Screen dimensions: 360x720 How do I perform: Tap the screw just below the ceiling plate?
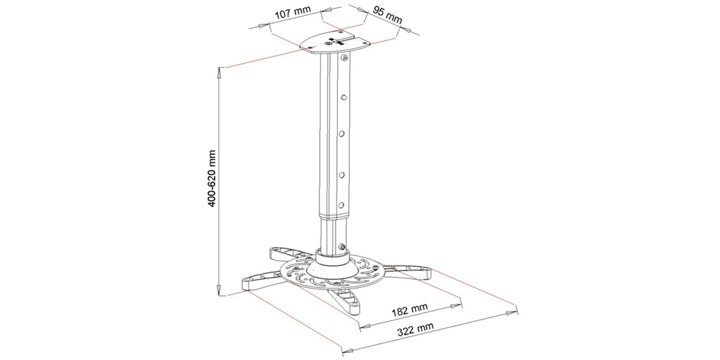345,58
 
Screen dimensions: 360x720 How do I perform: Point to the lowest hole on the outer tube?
342,203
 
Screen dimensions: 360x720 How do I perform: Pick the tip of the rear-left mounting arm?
273,254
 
